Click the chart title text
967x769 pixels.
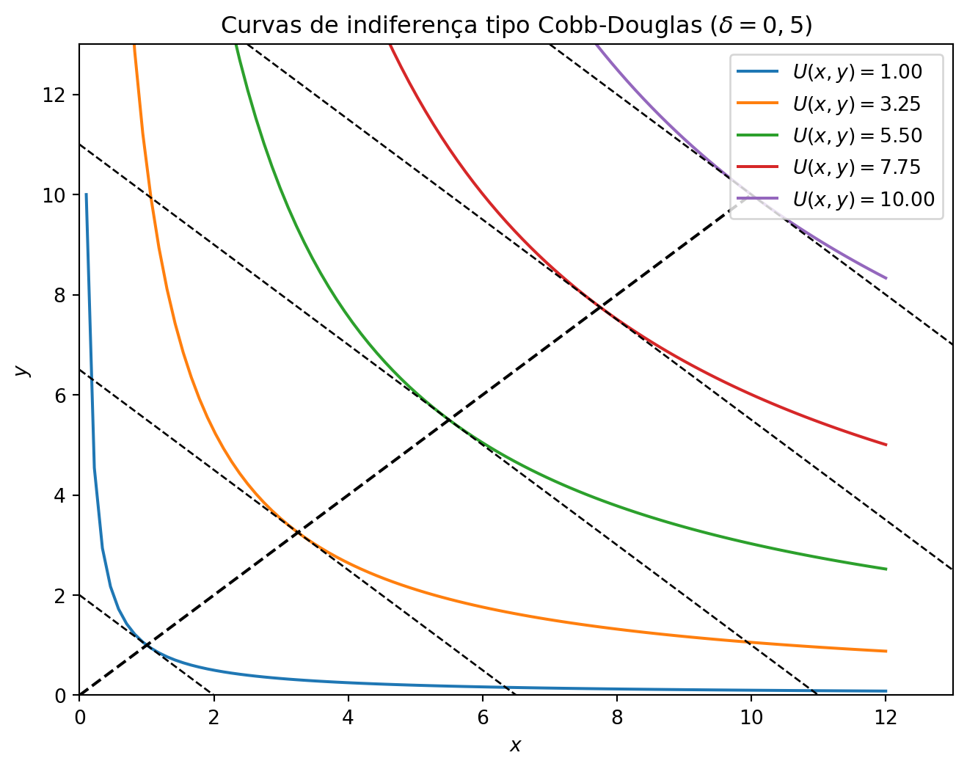(517, 25)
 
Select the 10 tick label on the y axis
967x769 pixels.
(60, 195)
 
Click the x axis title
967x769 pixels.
(516, 746)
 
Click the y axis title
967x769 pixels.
(22, 370)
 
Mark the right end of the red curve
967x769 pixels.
(886, 445)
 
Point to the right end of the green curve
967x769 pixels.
(886, 569)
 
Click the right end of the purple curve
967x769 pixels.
(886, 278)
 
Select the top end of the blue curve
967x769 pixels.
(86, 194)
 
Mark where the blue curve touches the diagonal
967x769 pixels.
(147, 645)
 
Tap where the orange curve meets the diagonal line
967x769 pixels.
(298, 532)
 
